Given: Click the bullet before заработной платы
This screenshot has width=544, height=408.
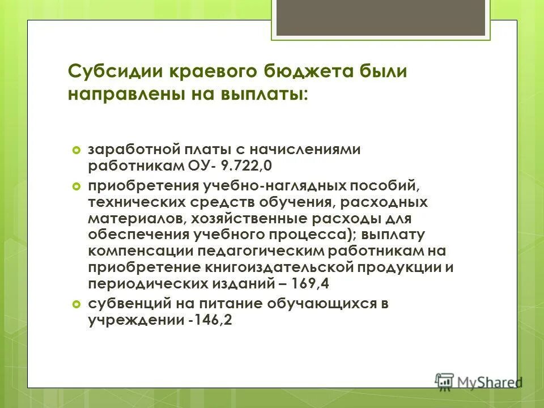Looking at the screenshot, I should point(77,150).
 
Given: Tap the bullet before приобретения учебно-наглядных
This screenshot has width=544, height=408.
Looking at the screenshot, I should point(77,186).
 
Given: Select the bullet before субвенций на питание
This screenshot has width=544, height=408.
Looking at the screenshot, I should point(77,304).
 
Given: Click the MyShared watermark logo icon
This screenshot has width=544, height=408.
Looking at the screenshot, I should point(445,381).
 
